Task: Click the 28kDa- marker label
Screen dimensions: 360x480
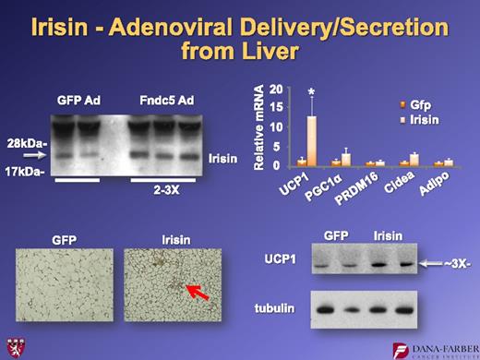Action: point(27,142)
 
